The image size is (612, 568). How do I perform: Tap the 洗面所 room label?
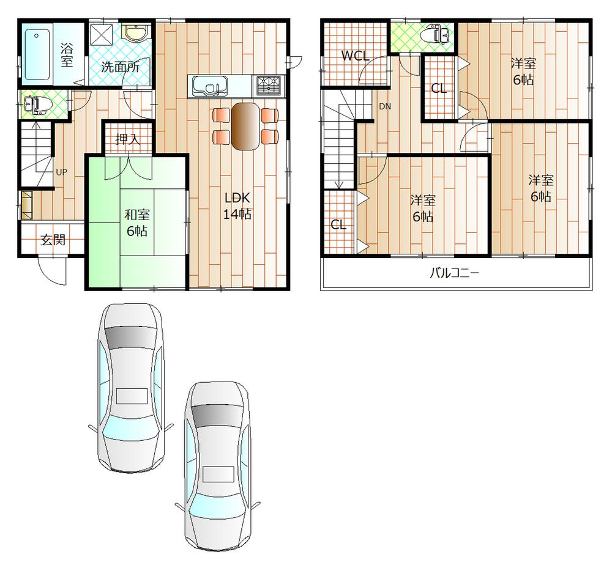point(120,67)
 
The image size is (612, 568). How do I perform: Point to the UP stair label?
point(61,172)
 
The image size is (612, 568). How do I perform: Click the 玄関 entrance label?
point(53,240)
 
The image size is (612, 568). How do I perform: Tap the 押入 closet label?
point(128,139)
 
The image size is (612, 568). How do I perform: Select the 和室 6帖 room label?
point(137,223)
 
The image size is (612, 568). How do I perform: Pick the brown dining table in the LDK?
point(245,125)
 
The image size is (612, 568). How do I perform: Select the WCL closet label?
point(355,56)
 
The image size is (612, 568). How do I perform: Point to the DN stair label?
point(384,106)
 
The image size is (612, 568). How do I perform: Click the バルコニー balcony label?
point(453,273)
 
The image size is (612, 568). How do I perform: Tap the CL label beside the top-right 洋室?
point(439,88)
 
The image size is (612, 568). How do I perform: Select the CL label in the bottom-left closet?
point(338,224)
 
